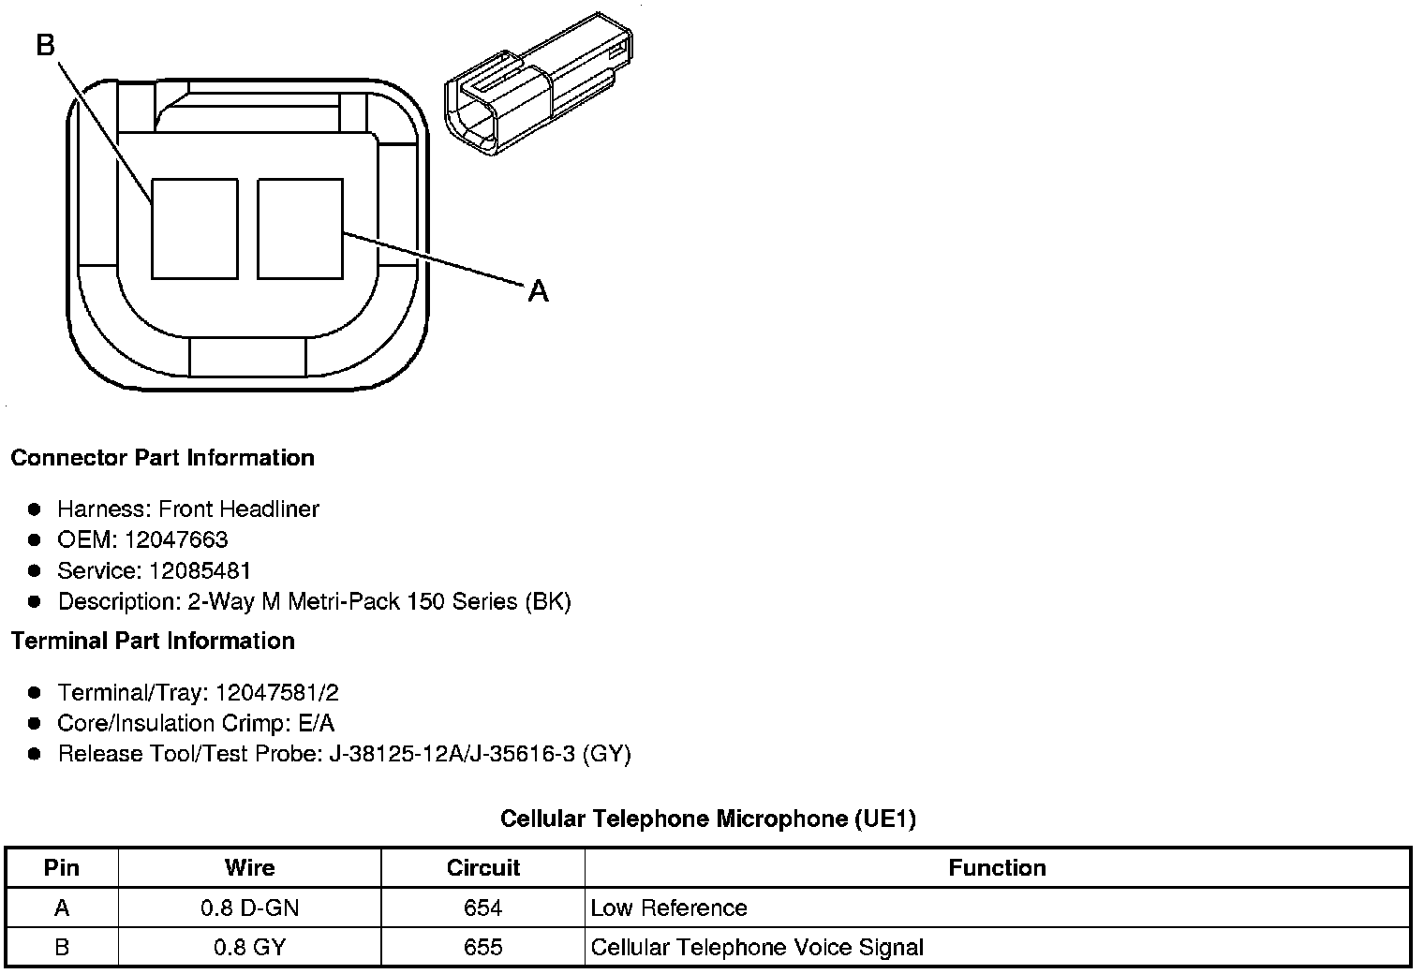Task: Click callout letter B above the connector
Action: [x=46, y=45]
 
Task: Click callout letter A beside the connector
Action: [x=539, y=291]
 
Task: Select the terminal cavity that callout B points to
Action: [x=195, y=229]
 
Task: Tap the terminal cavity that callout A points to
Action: [x=300, y=229]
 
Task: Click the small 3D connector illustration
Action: [x=539, y=83]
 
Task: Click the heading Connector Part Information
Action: [x=163, y=458]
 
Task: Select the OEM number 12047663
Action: [x=176, y=539]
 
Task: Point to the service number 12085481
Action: [x=200, y=570]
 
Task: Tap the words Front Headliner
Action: [x=239, y=509]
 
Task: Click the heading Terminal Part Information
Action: [x=153, y=642]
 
